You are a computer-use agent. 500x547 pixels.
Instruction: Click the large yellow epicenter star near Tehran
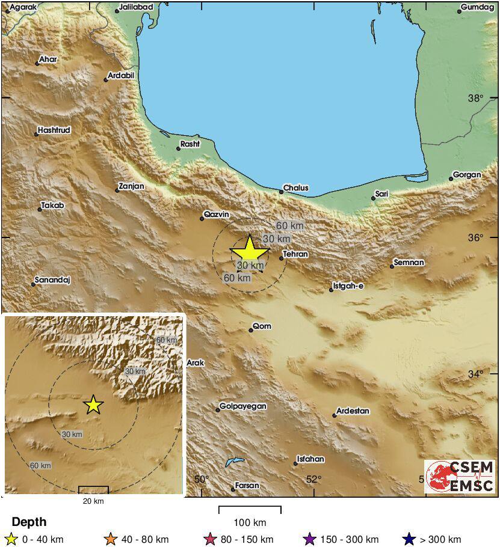(249, 251)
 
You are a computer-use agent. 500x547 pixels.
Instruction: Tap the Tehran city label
(295, 254)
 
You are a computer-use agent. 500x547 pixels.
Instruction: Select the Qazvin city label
(217, 214)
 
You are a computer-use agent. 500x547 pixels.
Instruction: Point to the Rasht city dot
(179, 148)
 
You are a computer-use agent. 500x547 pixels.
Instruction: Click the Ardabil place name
(120, 76)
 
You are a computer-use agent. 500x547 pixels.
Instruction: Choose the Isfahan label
(311, 459)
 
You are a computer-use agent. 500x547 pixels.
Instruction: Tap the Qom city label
(262, 326)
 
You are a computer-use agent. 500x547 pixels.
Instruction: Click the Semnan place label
(409, 263)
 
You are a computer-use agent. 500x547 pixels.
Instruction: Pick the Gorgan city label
(467, 175)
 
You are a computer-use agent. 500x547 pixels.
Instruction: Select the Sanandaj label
(53, 280)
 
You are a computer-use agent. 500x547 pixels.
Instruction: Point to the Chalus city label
(295, 188)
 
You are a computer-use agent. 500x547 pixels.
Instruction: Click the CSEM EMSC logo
(460, 477)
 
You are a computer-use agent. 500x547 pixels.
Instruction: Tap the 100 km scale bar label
(250, 522)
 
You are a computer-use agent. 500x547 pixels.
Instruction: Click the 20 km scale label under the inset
(93, 501)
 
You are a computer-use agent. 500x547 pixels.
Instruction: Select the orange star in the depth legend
(110, 539)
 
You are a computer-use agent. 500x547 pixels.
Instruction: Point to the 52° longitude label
(314, 479)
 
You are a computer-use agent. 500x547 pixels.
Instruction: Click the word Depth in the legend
(29, 522)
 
